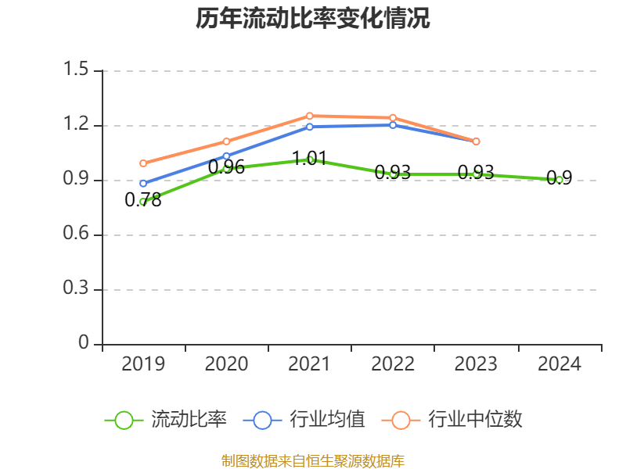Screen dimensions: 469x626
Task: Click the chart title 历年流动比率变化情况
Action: pyautogui.click(x=313, y=19)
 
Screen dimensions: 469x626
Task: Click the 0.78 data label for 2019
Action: pyautogui.click(x=143, y=200)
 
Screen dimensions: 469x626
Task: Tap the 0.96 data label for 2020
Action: pyautogui.click(x=226, y=166)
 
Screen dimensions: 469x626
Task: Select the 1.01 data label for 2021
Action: pyautogui.click(x=309, y=158)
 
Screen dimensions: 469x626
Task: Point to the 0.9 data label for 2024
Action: pyautogui.click(x=559, y=178)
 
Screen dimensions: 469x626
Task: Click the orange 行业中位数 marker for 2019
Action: pyautogui.click(x=143, y=163)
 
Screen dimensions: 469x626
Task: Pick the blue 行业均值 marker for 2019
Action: pyautogui.click(x=143, y=184)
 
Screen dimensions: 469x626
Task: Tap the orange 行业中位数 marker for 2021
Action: pyautogui.click(x=309, y=116)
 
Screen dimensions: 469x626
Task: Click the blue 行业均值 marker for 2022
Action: pyautogui.click(x=393, y=125)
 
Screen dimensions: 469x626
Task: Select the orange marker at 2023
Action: pyautogui.click(x=476, y=141)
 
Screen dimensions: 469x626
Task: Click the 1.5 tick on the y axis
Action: pyautogui.click(x=76, y=70)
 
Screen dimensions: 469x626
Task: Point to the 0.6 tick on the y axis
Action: pyautogui.click(x=76, y=235)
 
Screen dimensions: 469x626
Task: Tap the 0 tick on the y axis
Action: pyautogui.click(x=85, y=345)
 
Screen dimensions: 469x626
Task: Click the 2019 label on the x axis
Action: pyautogui.click(x=143, y=364)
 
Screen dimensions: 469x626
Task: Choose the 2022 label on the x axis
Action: pyautogui.click(x=393, y=364)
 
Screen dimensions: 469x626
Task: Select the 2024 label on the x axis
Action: pyautogui.click(x=559, y=364)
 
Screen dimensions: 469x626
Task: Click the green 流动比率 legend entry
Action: pyautogui.click(x=166, y=420)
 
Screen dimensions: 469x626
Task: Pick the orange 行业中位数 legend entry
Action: pyautogui.click(x=452, y=420)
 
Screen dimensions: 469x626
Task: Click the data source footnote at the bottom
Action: pyautogui.click(x=313, y=461)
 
